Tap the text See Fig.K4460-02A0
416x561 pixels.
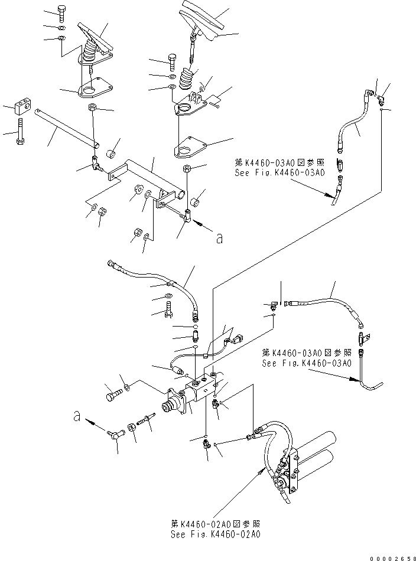[215, 534]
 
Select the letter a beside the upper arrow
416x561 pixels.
[220, 238]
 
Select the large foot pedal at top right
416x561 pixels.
[204, 21]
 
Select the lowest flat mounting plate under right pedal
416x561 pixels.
[190, 148]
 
